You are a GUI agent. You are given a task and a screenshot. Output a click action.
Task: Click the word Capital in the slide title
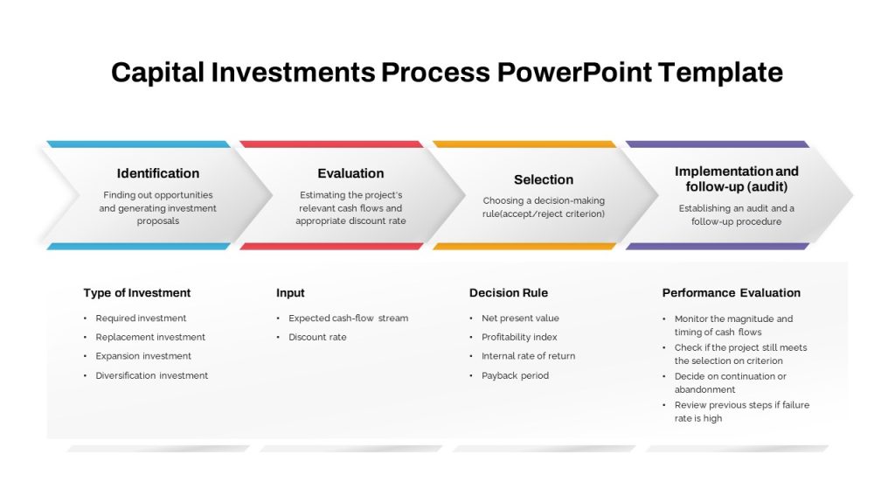click(x=157, y=73)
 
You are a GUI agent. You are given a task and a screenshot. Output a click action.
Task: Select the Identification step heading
click(x=158, y=173)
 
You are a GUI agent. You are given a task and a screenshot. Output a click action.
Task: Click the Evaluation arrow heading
click(x=350, y=173)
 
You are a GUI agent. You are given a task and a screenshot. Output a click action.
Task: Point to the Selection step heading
click(x=544, y=179)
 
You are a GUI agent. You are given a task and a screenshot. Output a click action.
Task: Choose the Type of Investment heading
click(x=137, y=292)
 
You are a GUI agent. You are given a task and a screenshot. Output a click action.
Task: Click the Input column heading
click(x=290, y=292)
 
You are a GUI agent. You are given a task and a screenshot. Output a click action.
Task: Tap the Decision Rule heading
click(x=509, y=292)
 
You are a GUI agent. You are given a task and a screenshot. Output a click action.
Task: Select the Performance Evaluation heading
click(x=732, y=292)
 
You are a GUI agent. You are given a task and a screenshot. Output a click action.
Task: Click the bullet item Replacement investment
click(x=150, y=337)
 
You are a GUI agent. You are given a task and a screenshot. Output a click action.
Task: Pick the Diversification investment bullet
click(x=152, y=375)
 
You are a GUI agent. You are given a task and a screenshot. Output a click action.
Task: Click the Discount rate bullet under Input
click(x=317, y=337)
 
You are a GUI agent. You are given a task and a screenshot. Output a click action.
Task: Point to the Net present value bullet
click(x=520, y=318)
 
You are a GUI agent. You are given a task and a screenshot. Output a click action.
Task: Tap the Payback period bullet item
click(x=515, y=375)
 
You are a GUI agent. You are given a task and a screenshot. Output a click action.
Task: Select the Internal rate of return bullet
click(x=528, y=356)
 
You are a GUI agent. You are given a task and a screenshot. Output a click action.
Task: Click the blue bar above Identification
click(x=138, y=144)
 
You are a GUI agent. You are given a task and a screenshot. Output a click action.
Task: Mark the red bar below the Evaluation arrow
click(x=331, y=246)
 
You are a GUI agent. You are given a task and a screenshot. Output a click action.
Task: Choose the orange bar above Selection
click(x=524, y=144)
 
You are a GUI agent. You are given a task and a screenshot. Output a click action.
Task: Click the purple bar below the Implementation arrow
click(x=717, y=246)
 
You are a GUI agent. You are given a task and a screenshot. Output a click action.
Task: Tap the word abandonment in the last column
click(x=705, y=389)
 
